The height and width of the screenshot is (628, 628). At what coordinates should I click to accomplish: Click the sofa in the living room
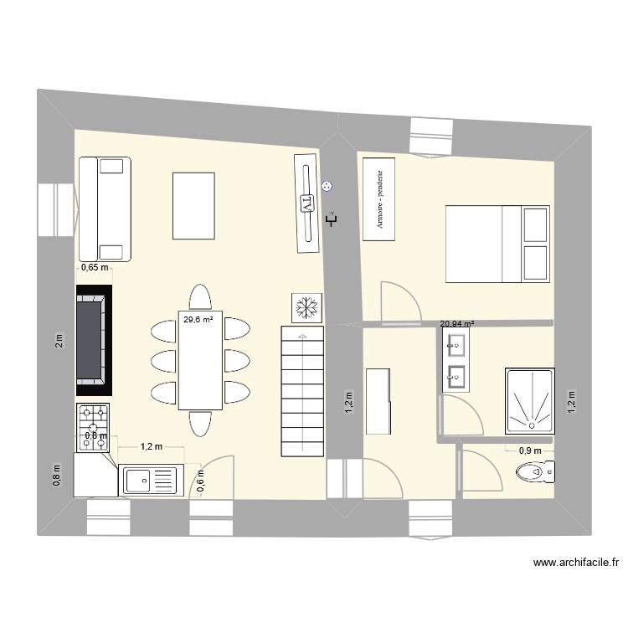[105, 208]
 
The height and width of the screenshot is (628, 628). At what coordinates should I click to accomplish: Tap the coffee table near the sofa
[193, 206]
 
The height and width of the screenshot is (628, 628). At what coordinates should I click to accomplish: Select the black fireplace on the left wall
[94, 340]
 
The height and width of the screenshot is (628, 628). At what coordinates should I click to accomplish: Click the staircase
[301, 391]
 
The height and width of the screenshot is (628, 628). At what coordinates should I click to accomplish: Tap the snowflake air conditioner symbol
[306, 308]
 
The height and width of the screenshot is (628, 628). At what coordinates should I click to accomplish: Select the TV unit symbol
[307, 203]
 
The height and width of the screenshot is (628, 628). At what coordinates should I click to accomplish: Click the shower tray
[529, 400]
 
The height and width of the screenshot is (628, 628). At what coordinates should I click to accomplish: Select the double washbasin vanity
[456, 359]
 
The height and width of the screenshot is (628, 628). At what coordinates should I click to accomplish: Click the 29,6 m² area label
[198, 318]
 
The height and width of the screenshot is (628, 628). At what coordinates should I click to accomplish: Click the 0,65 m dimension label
[94, 268]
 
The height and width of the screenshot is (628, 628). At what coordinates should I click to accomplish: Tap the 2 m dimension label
[59, 341]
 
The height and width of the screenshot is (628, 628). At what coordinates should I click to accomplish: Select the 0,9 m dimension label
[529, 450]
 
